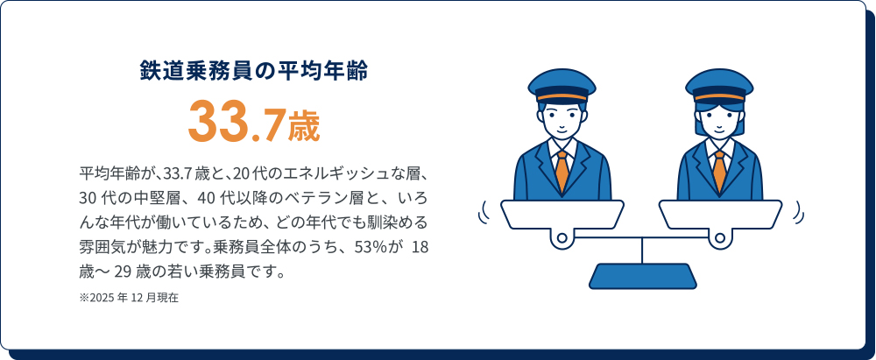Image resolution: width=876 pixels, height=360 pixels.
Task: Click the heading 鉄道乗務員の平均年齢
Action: [x=254, y=70]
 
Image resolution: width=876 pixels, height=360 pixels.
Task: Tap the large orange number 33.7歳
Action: [x=254, y=122]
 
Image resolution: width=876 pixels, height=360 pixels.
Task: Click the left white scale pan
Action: [x=562, y=214]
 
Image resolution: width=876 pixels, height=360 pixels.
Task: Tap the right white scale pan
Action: [x=720, y=214]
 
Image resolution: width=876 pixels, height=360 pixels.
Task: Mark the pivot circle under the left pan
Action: [x=562, y=237]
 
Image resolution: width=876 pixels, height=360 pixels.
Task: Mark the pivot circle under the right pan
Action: [x=720, y=237]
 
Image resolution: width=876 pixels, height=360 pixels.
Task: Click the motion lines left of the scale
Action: [x=483, y=212]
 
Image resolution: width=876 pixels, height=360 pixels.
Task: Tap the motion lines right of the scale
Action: [x=798, y=212]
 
